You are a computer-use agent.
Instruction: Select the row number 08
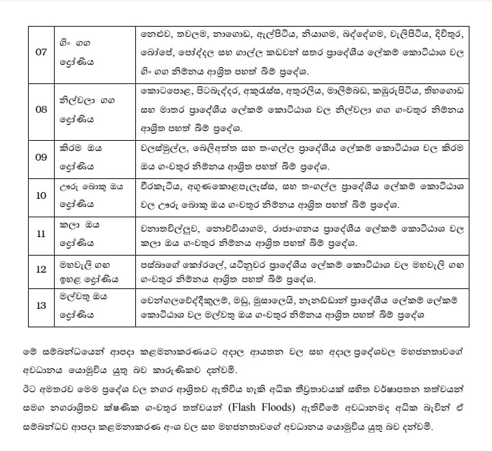[41, 108]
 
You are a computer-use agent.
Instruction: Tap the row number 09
[41, 157]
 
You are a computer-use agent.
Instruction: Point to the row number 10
[41, 195]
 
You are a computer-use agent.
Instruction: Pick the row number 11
[41, 234]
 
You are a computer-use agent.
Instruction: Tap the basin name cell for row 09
[93, 157]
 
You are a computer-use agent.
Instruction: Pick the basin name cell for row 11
[93, 234]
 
